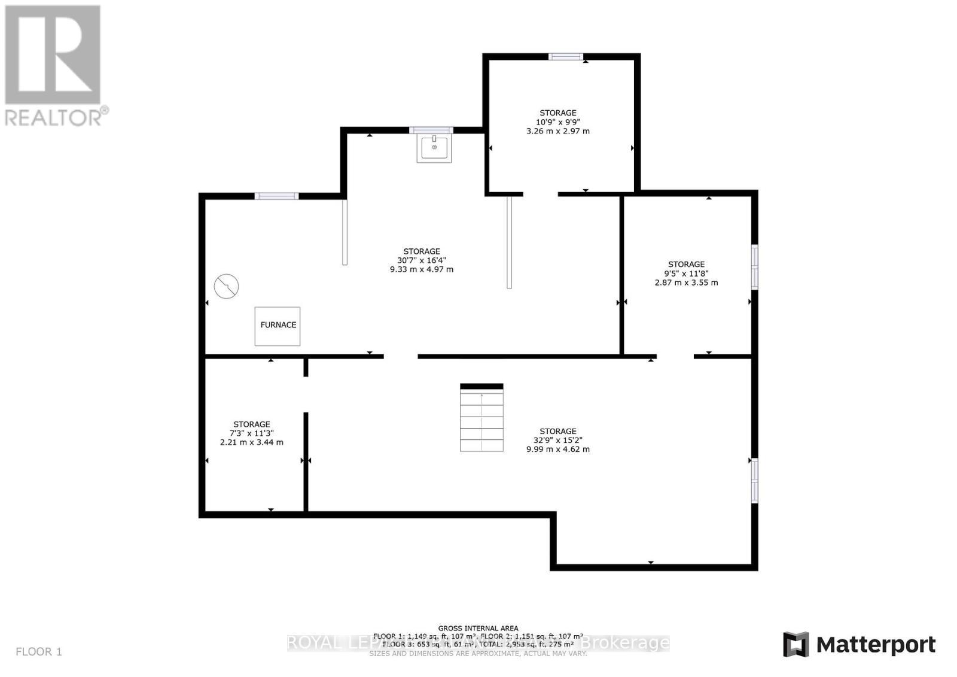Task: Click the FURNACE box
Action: tap(278, 326)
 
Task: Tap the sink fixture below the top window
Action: tap(434, 148)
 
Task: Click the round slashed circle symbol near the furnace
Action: tap(227, 286)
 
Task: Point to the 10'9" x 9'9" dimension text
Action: tap(557, 122)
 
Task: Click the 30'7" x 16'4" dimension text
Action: tap(421, 260)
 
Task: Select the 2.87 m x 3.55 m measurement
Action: tap(686, 283)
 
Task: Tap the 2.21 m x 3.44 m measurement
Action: tap(251, 442)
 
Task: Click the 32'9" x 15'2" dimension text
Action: tap(557, 440)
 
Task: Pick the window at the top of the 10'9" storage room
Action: tap(566, 56)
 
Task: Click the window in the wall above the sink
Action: tap(431, 130)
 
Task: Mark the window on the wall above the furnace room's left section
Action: tap(276, 196)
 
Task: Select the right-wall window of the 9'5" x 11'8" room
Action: tap(755, 267)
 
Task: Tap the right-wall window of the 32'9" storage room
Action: tap(755, 480)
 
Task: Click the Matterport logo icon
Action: tap(796, 645)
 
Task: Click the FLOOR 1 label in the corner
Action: tap(39, 652)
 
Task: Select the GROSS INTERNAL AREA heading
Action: tap(478, 628)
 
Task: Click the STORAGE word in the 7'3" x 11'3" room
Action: tap(251, 424)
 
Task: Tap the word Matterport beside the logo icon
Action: tap(876, 645)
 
